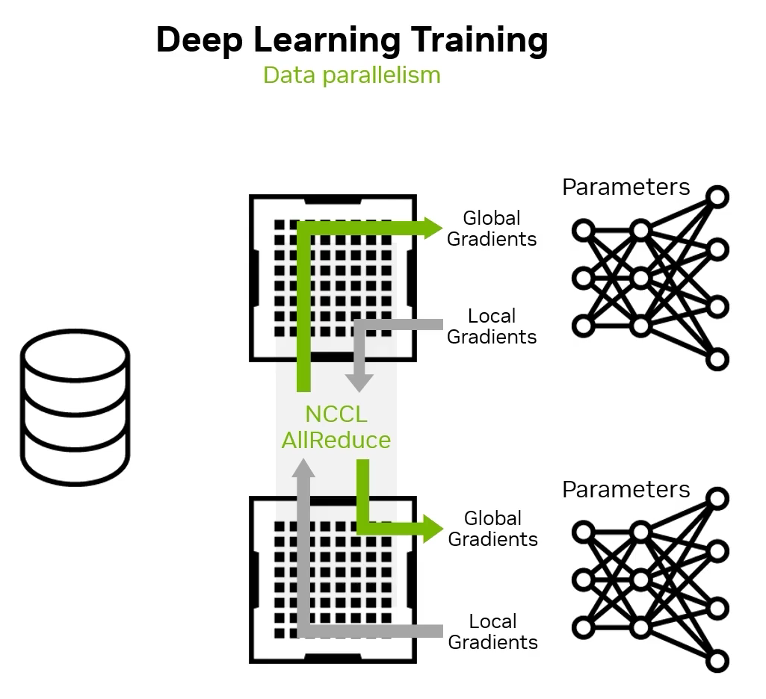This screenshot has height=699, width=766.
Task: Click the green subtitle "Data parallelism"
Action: [x=351, y=75]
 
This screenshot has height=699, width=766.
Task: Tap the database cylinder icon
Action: [x=75, y=407]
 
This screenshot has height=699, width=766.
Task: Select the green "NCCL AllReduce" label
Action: [x=336, y=427]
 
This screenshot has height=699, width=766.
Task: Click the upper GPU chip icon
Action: [x=333, y=278]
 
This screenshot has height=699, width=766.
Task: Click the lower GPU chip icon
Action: [x=333, y=581]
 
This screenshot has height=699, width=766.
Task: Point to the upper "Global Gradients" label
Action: [x=491, y=229]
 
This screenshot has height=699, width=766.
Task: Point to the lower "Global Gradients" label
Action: [x=492, y=529]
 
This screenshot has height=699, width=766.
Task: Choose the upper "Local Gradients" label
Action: [x=491, y=326]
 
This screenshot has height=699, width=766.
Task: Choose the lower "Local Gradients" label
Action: [x=492, y=632]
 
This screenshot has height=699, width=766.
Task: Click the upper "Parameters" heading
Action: [x=626, y=187]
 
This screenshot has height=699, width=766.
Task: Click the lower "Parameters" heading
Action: [x=626, y=490]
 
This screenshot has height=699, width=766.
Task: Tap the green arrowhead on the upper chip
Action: [x=432, y=228]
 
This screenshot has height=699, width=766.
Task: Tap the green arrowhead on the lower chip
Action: [x=432, y=529]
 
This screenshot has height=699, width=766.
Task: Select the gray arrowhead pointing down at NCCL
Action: [x=359, y=380]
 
